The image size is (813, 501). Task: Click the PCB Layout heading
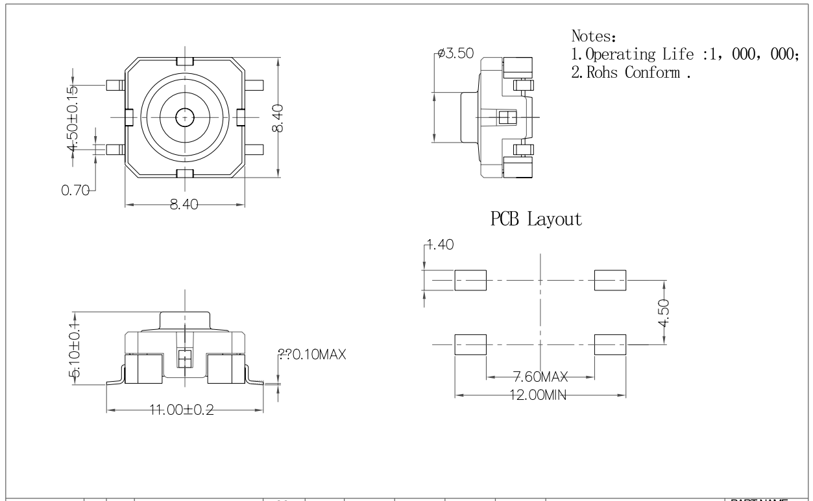(536, 220)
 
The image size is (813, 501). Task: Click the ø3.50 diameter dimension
(455, 54)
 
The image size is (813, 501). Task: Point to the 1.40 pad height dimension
(441, 245)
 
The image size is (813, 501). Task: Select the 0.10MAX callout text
(312, 355)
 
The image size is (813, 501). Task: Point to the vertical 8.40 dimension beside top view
(277, 118)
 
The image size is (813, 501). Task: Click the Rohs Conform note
(630, 72)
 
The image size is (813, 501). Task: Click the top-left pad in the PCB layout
(470, 281)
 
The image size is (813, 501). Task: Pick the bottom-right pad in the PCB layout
(610, 345)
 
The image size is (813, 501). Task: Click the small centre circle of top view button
(184, 117)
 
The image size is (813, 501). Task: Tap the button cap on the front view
(185, 320)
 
